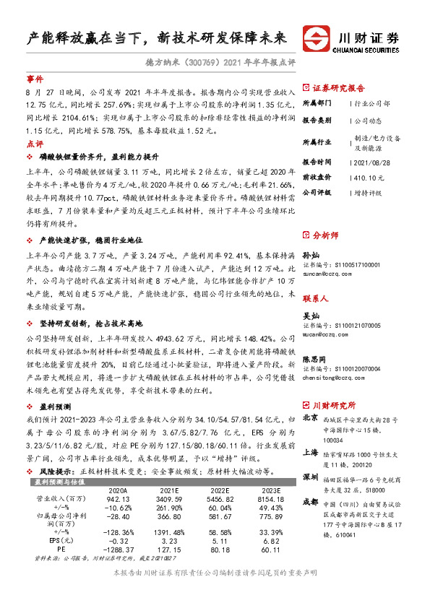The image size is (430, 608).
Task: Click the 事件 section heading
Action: (35, 79)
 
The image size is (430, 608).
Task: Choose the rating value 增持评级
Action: (369, 193)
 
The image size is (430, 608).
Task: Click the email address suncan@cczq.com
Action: (322, 274)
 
